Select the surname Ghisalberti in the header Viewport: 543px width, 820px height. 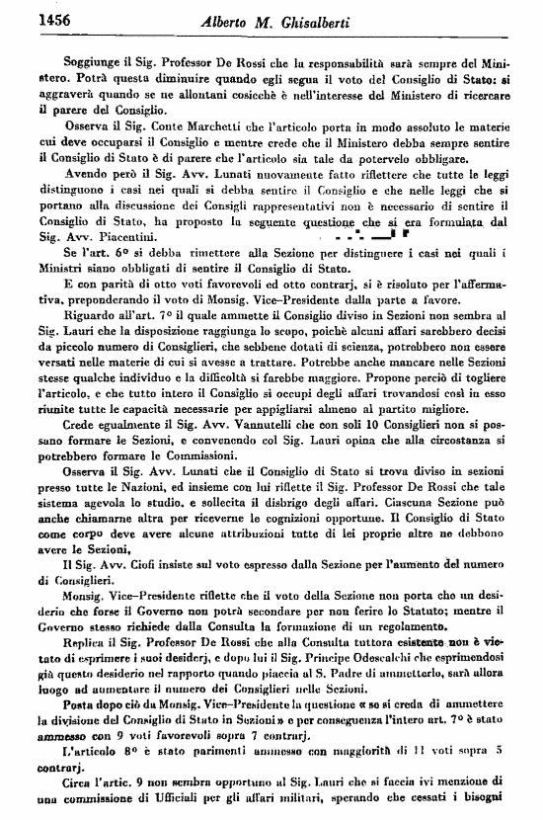pos(332,21)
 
